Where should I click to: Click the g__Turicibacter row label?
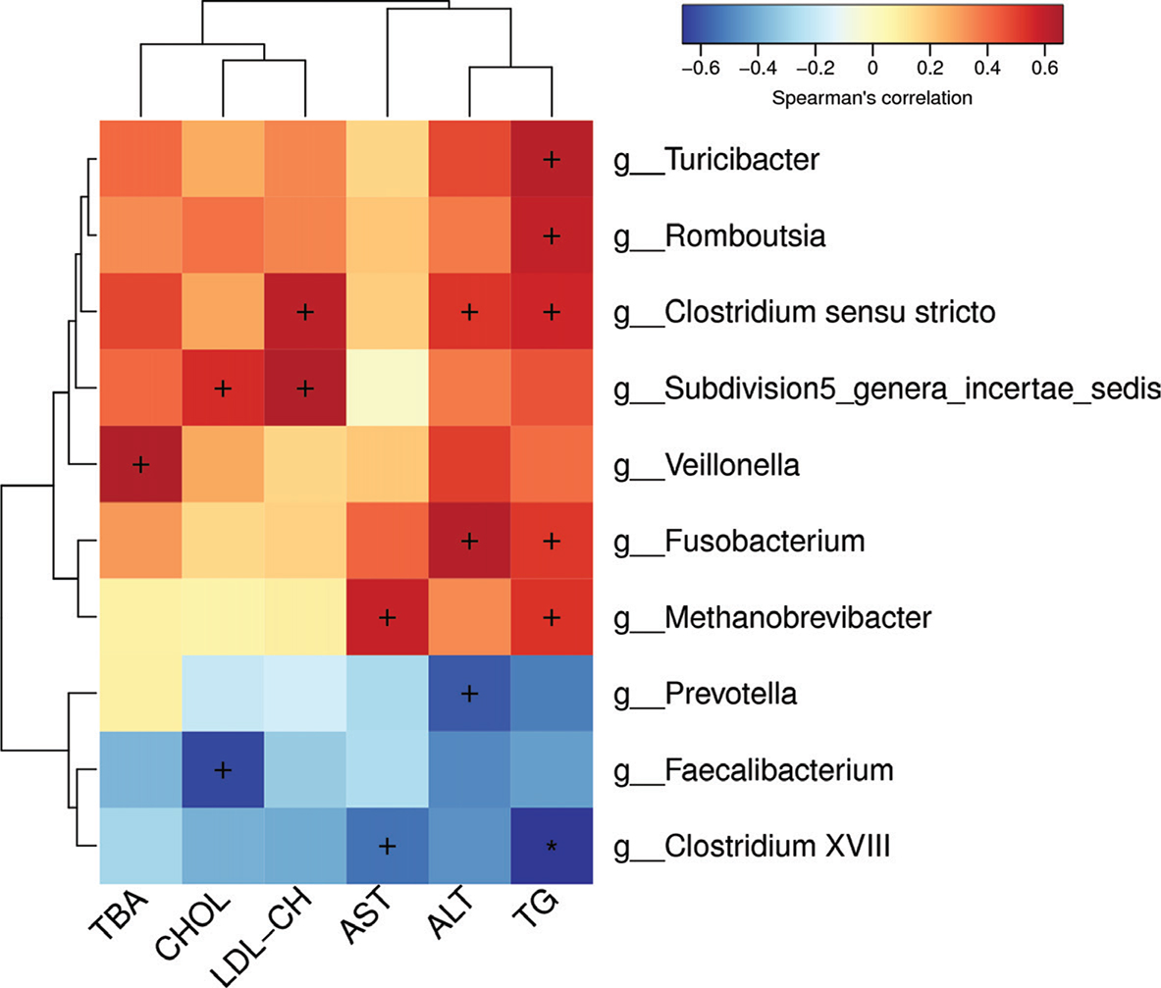[716, 160]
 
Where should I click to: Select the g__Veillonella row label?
[707, 465]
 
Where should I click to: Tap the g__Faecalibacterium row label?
[753, 770]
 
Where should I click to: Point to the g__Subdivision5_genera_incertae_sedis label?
[887, 390]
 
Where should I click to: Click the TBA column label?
[119, 914]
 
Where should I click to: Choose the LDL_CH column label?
[262, 937]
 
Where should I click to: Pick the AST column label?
[365, 915]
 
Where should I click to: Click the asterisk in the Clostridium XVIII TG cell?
[552, 846]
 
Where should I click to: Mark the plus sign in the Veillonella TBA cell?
[140, 465]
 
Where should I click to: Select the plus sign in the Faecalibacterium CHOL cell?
[223, 770]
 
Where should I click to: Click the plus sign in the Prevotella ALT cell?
[469, 694]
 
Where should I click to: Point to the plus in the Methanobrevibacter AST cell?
[388, 617]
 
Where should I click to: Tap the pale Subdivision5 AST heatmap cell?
[388, 389]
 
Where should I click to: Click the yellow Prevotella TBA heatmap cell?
[140, 694]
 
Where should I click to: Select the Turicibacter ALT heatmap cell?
[469, 159]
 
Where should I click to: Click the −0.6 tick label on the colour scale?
[701, 68]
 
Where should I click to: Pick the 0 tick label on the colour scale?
[872, 68]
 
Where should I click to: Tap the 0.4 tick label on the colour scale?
[987, 68]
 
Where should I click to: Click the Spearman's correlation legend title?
[872, 98]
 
